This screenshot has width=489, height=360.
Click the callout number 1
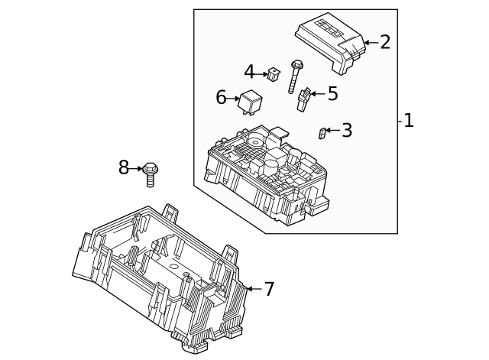[409, 121]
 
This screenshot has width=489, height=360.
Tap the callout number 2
[384, 42]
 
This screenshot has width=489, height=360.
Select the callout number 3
[347, 131]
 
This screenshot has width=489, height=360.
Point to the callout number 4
[249, 73]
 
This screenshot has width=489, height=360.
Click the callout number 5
[332, 94]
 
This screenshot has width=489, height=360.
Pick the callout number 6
[222, 98]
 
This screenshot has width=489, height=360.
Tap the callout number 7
[268, 289]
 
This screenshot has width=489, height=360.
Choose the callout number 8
[124, 168]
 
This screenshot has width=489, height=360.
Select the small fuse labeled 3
[322, 134]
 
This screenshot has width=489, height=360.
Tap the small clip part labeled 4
[274, 74]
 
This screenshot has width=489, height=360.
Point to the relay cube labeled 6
[251, 100]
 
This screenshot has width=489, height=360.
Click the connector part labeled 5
[303, 99]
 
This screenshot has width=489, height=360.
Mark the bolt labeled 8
[151, 174]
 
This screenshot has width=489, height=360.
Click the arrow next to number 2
[370, 43]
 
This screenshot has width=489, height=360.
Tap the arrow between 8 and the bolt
[137, 168]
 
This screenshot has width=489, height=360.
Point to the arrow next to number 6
[234, 99]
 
